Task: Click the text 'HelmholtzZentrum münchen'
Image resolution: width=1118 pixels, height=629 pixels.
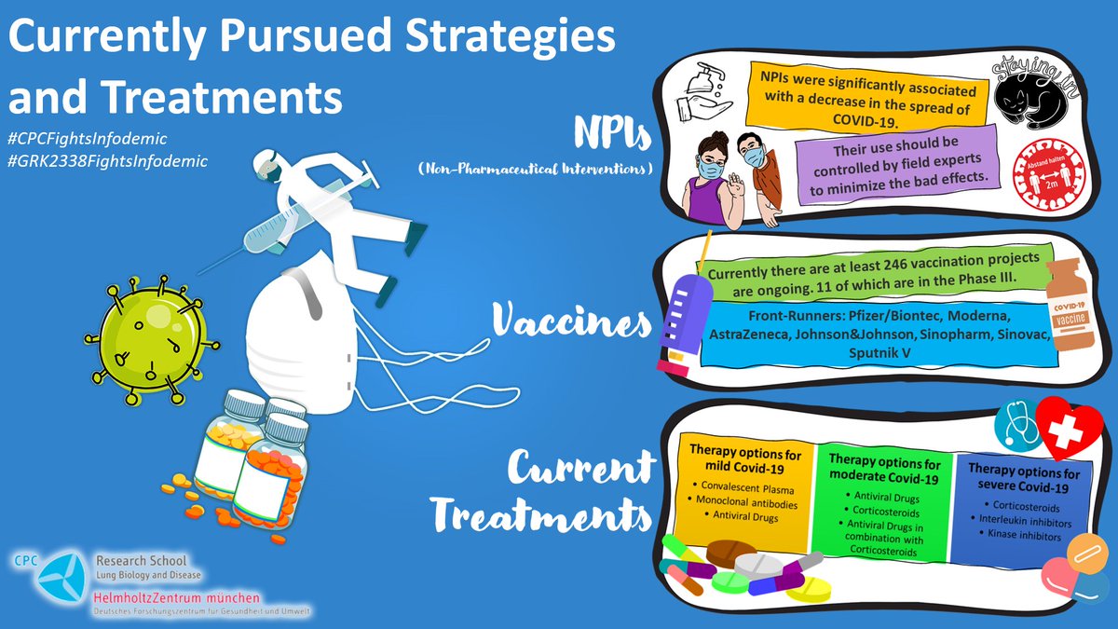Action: (176, 595)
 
